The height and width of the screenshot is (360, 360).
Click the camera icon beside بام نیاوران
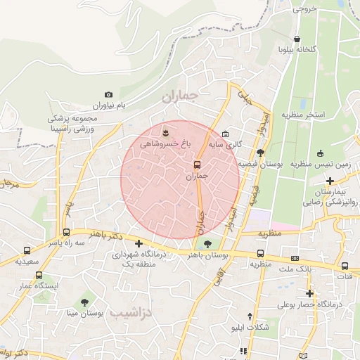[x=108, y=94]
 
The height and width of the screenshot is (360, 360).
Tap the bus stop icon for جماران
[x=196, y=165]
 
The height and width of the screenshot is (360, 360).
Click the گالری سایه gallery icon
[x=225, y=134]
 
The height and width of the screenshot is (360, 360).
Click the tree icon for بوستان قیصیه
[x=261, y=153]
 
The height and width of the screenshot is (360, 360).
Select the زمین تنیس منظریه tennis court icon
[x=321, y=153]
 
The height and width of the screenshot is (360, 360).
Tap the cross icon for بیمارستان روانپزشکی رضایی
[x=330, y=181]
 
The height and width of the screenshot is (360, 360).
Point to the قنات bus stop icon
[x=345, y=266]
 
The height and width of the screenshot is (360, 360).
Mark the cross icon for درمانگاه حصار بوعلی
[x=309, y=293]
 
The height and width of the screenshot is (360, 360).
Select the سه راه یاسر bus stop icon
[x=66, y=232]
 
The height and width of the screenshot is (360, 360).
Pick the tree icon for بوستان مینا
[x=85, y=302]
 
